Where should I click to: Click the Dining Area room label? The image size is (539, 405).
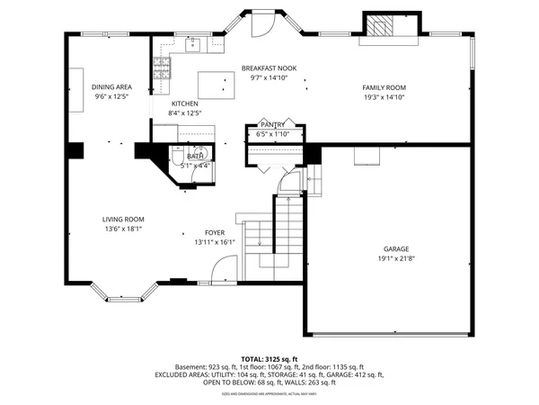click(x=111, y=86)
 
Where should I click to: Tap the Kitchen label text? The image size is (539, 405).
click(x=184, y=103)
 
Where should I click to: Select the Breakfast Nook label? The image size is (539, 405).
click(x=269, y=68)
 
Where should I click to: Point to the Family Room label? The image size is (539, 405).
click(x=385, y=87)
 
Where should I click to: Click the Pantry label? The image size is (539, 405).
click(x=272, y=124)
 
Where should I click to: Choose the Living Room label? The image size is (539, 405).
click(x=123, y=219)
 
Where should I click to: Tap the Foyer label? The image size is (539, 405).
click(x=214, y=232)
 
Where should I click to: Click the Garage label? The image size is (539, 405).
click(x=396, y=249)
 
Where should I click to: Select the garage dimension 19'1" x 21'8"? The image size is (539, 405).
click(x=396, y=259)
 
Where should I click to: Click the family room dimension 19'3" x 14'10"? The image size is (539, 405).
click(x=385, y=97)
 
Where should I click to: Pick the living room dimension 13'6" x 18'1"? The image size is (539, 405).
click(x=123, y=229)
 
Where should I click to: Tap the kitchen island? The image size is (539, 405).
click(x=214, y=85)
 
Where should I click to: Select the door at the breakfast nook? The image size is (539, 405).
click(x=261, y=25)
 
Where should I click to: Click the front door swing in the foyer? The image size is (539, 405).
click(x=225, y=268)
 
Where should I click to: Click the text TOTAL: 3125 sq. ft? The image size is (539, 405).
click(x=269, y=358)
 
